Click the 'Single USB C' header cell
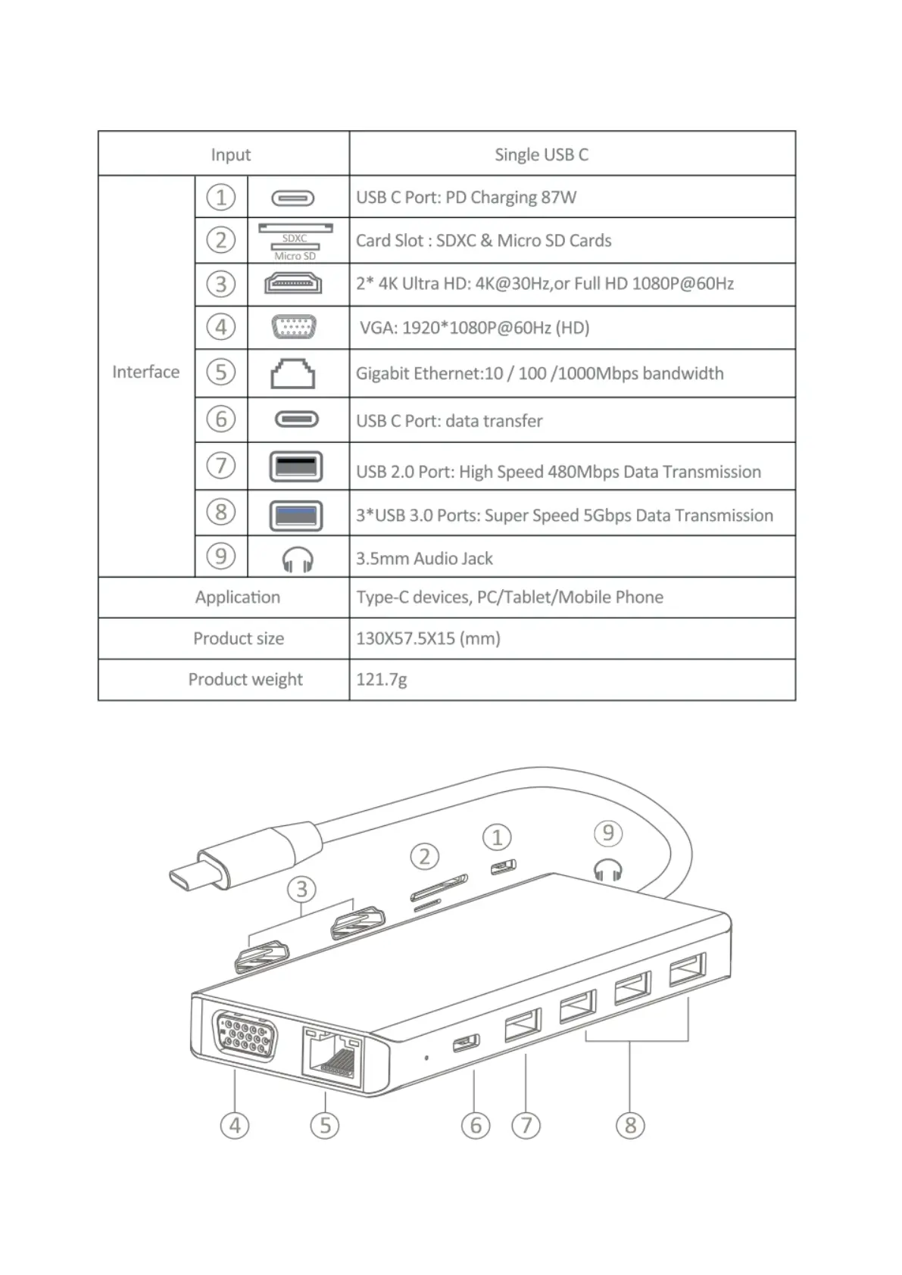541,154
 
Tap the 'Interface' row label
145,372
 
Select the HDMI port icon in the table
293,284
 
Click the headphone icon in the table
297,560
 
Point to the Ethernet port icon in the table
293,373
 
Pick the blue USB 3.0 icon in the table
296,516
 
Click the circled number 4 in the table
220,327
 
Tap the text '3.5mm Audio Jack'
424,559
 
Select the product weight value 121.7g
381,679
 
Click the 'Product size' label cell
238,638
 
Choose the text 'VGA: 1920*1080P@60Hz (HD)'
474,328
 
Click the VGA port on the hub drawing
245,1033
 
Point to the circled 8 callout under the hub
630,1125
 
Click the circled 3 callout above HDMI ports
301,889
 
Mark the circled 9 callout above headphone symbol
607,834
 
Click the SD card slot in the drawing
439,887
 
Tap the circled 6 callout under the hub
475,1125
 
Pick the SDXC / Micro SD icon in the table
295,241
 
